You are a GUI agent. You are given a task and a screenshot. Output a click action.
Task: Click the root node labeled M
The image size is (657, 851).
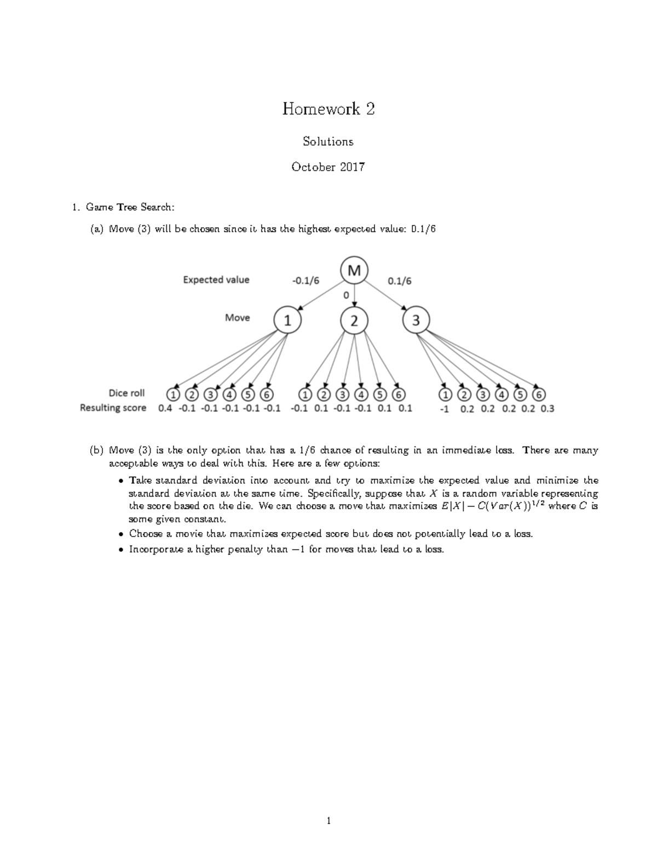pyautogui.click(x=354, y=270)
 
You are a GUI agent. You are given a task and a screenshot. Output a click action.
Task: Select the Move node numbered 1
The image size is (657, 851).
pyautogui.click(x=287, y=321)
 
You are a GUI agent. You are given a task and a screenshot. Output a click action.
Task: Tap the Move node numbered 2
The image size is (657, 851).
pyautogui.click(x=354, y=321)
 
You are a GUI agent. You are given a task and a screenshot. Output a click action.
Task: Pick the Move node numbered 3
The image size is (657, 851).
pyautogui.click(x=416, y=321)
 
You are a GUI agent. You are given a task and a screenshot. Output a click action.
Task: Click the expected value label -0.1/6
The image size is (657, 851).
pyautogui.click(x=306, y=281)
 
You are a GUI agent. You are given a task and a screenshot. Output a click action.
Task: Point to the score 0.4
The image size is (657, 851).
pyautogui.click(x=165, y=408)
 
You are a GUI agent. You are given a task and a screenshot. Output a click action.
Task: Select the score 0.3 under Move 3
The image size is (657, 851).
pyautogui.click(x=547, y=408)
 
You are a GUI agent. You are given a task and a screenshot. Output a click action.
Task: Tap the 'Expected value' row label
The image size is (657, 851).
pyautogui.click(x=216, y=280)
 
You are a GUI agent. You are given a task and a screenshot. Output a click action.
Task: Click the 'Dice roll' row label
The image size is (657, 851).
pyautogui.click(x=126, y=393)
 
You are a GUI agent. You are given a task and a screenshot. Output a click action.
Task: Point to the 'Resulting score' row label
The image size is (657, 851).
pyautogui.click(x=113, y=408)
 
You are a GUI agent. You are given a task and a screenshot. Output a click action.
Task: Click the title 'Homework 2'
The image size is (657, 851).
pyautogui.click(x=328, y=109)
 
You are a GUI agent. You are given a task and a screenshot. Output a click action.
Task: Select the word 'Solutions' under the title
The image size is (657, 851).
pyautogui.click(x=328, y=141)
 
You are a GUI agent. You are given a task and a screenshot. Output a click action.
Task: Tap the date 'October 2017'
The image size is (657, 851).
pyautogui.click(x=328, y=167)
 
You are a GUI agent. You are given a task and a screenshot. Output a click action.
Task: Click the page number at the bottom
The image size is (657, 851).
pyautogui.click(x=328, y=821)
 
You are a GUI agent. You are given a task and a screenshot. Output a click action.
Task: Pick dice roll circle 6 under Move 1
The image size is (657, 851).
pyautogui.click(x=267, y=395)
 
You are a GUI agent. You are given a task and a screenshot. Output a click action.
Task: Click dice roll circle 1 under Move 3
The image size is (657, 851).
pyautogui.click(x=446, y=395)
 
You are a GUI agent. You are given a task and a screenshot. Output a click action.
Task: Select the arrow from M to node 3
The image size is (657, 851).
pyautogui.click(x=385, y=295)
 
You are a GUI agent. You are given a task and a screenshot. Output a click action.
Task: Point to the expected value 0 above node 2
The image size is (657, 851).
pyautogui.click(x=345, y=295)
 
